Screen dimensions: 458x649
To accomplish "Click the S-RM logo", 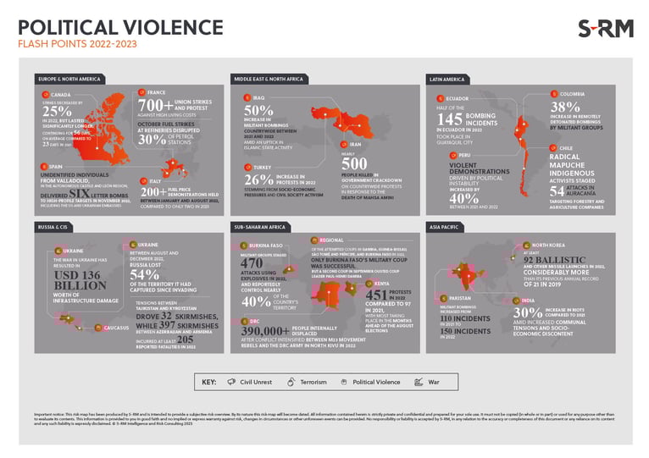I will [x=605, y=28].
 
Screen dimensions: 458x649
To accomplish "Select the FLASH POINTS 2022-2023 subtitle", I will [x=77, y=44].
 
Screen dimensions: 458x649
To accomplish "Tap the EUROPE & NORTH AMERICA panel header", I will [x=69, y=79].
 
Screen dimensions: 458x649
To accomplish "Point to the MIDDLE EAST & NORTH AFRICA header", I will [x=268, y=79].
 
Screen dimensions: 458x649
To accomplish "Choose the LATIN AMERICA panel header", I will [x=447, y=79].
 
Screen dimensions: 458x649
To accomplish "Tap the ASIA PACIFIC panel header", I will [x=445, y=227].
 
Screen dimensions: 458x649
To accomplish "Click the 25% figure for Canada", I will [x=57, y=111].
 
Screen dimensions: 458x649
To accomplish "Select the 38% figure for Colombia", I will [x=567, y=108].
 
